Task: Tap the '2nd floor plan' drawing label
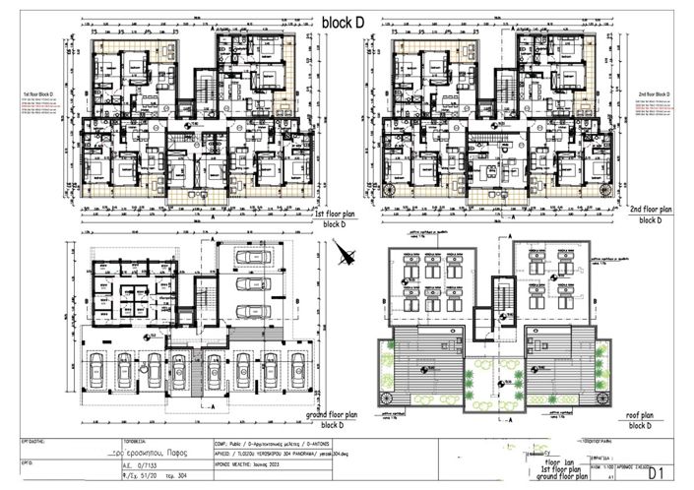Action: (649, 210)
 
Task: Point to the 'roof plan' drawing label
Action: (650, 414)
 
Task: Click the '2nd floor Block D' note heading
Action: (653, 93)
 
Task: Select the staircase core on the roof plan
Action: (501, 294)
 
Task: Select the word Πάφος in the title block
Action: (163, 451)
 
